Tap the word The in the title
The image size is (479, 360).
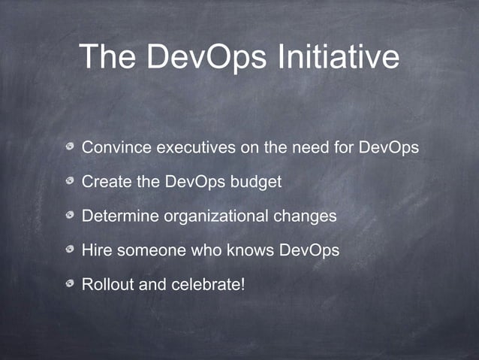(109, 57)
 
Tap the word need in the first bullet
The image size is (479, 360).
(311, 147)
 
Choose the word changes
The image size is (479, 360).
(305, 216)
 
